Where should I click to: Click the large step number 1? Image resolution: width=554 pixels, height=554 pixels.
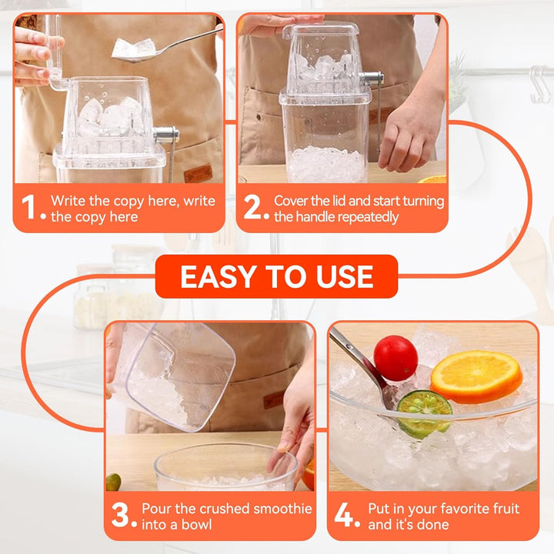pos(28,208)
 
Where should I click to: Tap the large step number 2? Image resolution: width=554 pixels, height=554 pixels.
pos(252,207)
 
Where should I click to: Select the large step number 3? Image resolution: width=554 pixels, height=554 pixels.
pos(120,515)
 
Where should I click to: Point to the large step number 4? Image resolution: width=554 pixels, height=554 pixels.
pos(343,515)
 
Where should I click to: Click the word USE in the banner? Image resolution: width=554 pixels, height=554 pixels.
pos(345,277)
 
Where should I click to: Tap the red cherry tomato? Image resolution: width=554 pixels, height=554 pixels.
pos(395,358)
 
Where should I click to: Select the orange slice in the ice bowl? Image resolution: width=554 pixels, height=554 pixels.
pos(476,376)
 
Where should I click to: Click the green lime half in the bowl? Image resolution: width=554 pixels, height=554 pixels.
pos(424,413)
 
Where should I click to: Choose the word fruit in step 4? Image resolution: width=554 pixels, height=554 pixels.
pos(506,509)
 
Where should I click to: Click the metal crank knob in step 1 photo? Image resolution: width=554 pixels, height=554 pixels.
pos(166,135)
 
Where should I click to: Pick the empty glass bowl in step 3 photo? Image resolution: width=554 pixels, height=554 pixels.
pos(225,467)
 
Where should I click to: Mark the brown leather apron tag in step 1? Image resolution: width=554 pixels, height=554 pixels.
pos(199,175)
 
